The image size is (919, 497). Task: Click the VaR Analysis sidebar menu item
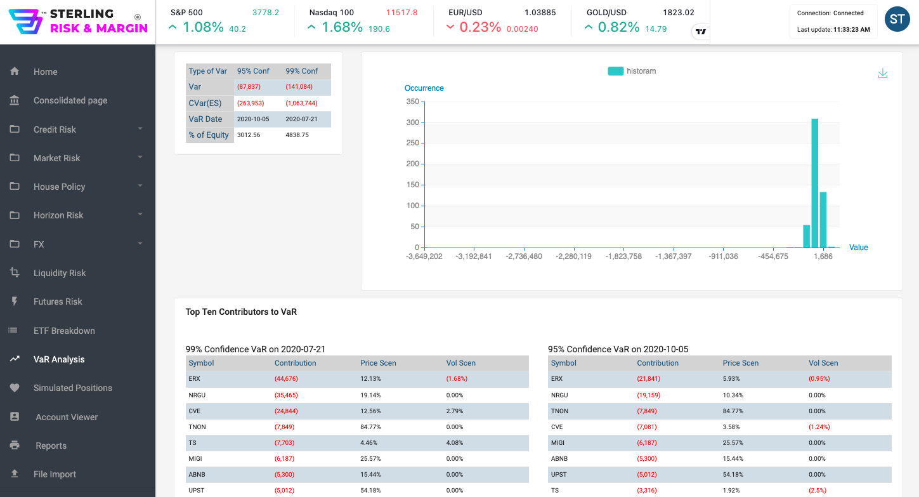pyautogui.click(x=59, y=359)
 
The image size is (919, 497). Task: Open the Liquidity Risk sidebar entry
pyautogui.click(x=60, y=273)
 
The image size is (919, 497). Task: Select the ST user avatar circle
pyautogui.click(x=897, y=20)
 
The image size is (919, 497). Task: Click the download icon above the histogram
pyautogui.click(x=882, y=74)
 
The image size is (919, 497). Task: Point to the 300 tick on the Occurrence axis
pyautogui.click(x=412, y=123)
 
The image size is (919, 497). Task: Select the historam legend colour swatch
pyautogui.click(x=615, y=71)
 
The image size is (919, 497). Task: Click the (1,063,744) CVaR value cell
pyautogui.click(x=301, y=103)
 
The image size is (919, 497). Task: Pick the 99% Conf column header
pyautogui.click(x=301, y=71)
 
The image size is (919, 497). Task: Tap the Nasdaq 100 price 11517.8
pyautogui.click(x=401, y=13)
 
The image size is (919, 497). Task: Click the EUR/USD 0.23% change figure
pyautogui.click(x=480, y=27)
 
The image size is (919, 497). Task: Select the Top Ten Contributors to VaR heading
pyautogui.click(x=241, y=312)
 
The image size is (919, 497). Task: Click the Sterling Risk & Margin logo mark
pyautogui.click(x=25, y=22)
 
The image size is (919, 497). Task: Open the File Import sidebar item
pyautogui.click(x=55, y=474)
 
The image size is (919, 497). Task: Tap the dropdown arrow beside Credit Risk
pyautogui.click(x=140, y=129)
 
